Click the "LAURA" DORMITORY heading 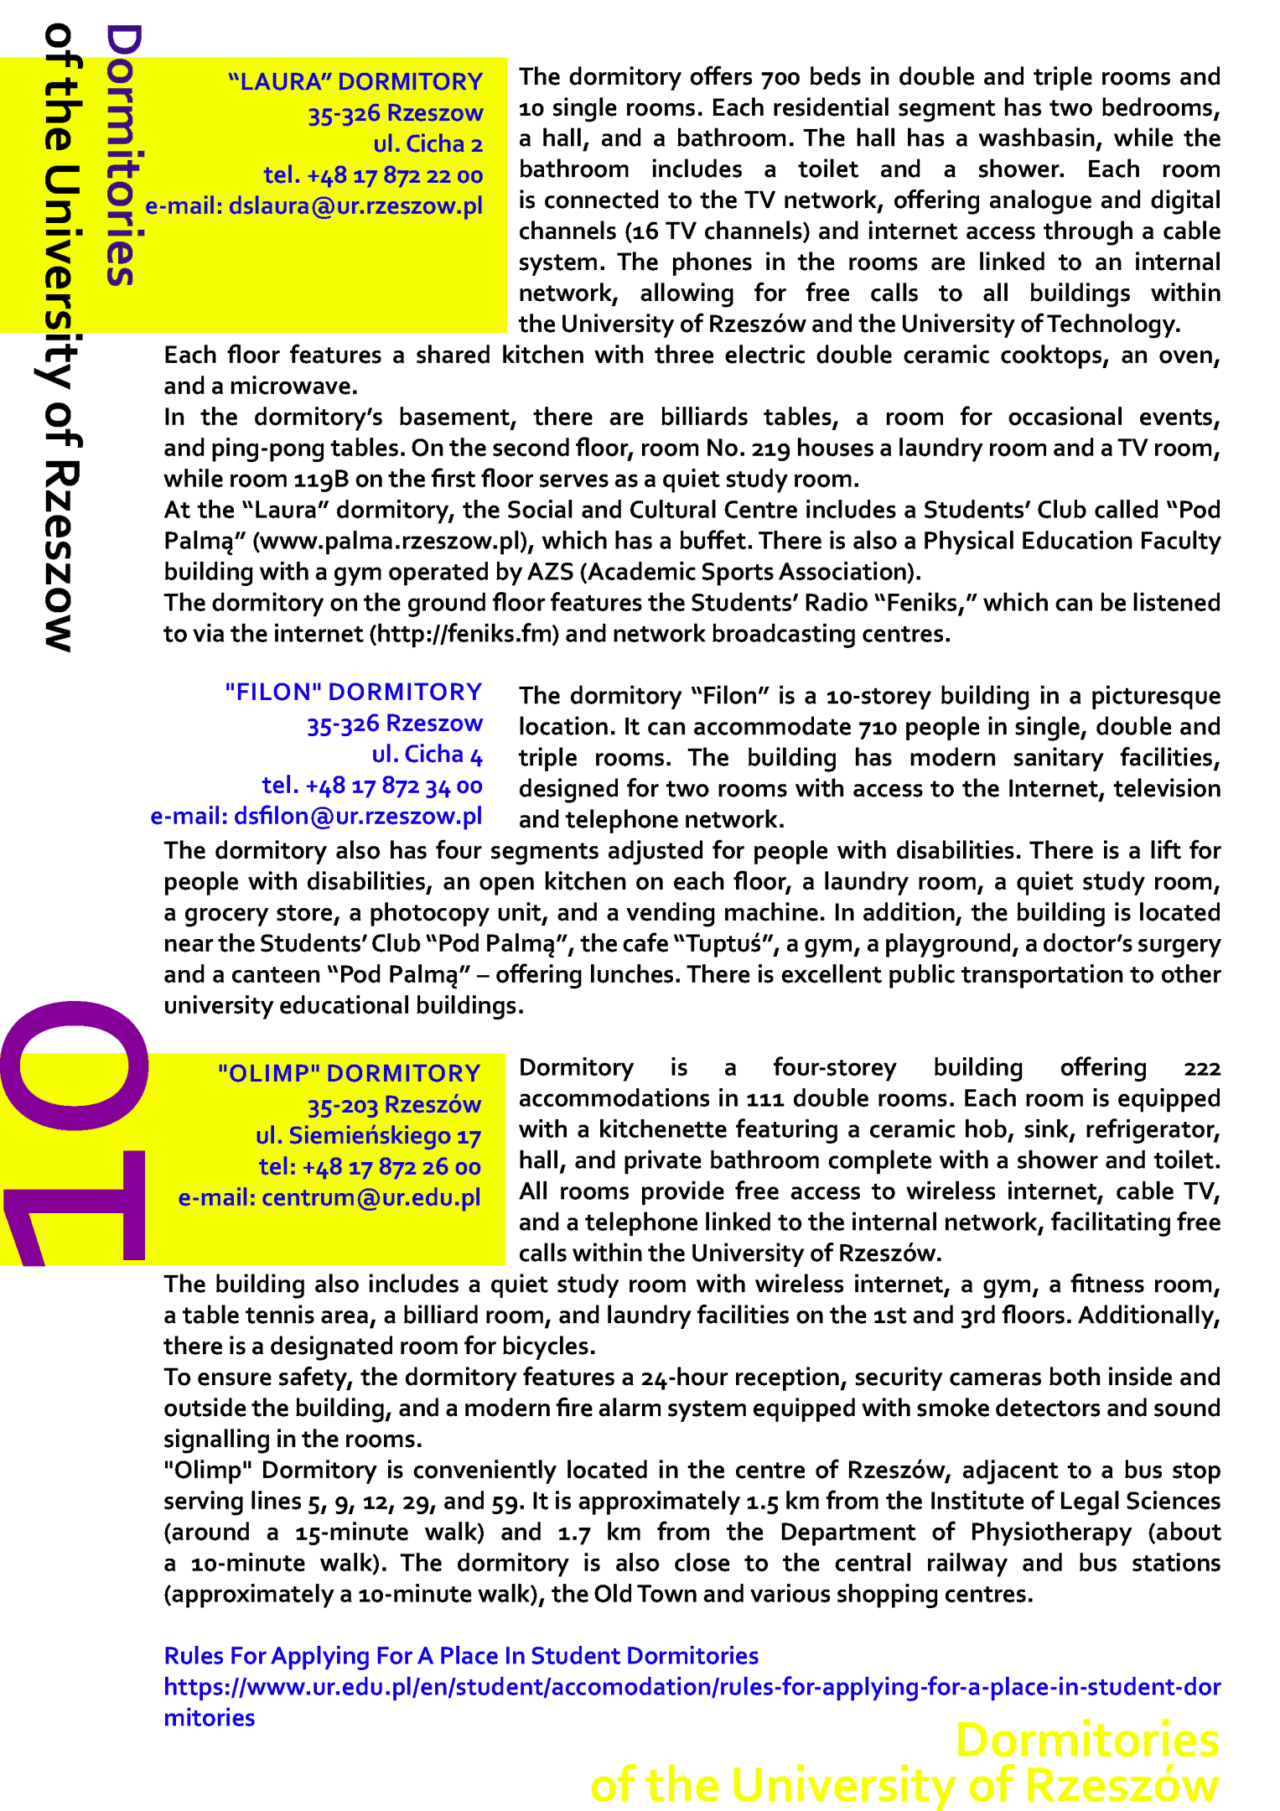coord(355,81)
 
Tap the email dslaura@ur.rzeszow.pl coord(314,206)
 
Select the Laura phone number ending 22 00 coord(374,175)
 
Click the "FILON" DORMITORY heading coord(354,692)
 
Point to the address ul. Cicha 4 coord(428,755)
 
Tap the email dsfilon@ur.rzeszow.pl coord(317,817)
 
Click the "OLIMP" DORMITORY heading coord(350,1073)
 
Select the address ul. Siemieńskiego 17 coord(369,1136)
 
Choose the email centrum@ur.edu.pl coord(329,1198)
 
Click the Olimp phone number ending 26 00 coord(370,1167)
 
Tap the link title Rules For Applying coord(461,1656)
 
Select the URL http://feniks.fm coord(464,634)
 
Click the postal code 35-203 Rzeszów coord(394,1105)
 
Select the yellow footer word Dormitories coord(1087,1741)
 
